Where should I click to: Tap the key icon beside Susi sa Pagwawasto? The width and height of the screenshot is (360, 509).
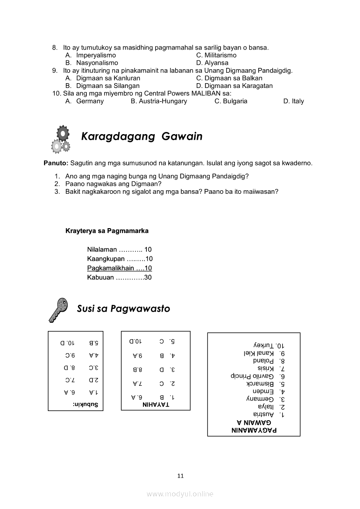click(58, 310)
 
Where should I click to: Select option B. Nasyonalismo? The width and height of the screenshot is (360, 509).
click(92, 63)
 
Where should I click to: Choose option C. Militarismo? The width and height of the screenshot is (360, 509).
click(216, 55)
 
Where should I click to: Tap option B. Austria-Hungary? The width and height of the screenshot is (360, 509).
click(159, 101)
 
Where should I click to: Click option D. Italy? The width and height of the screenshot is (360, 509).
click(293, 101)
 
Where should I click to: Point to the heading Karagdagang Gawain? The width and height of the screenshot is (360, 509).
click(142, 136)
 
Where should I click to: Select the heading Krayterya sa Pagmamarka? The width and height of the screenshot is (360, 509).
click(107, 230)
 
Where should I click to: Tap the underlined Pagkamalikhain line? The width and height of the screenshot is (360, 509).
click(119, 268)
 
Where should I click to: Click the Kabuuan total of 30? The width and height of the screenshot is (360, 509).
click(119, 277)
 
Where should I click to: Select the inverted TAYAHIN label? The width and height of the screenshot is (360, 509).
click(156, 405)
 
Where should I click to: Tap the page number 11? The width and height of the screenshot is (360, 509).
click(180, 475)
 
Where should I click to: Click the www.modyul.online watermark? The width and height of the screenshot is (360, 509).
click(180, 494)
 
